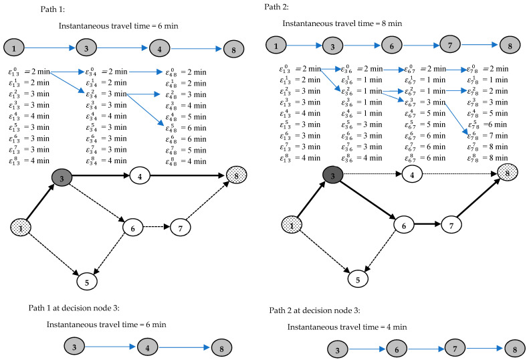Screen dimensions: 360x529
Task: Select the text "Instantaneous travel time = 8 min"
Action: point(342,23)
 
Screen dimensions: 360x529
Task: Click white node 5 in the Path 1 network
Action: point(87,282)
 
